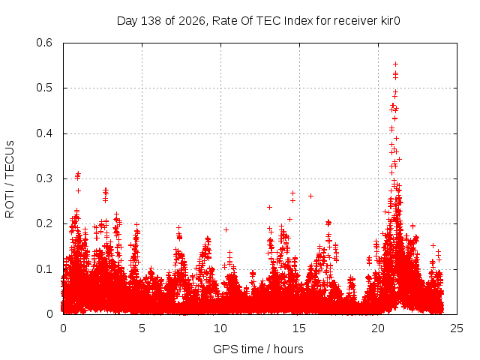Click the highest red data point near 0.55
click(395, 64)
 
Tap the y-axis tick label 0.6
click(44, 43)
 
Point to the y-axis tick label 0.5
click(44, 88)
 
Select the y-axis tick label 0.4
click(44, 133)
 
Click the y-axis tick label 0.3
click(44, 178)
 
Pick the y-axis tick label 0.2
click(44, 223)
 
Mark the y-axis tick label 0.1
click(44, 269)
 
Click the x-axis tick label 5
click(142, 328)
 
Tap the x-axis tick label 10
click(220, 328)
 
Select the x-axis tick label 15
click(299, 328)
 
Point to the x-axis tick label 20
click(378, 328)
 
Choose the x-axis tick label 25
click(457, 328)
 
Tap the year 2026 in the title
click(192, 21)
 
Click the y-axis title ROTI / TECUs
click(10, 179)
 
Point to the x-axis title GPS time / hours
click(258, 349)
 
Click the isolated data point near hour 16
click(310, 196)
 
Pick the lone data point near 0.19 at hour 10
click(226, 229)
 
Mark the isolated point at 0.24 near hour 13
click(269, 207)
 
